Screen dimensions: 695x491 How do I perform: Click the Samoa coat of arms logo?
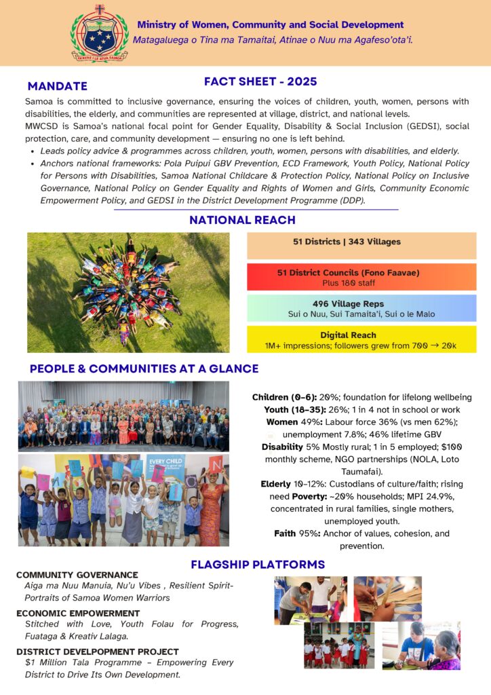point(99,33)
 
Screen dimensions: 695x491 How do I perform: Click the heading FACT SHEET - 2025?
point(260,81)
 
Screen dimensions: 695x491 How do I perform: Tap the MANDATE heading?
point(58,86)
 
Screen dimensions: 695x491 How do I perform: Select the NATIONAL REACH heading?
point(242,220)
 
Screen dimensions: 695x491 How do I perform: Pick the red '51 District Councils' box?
point(361,277)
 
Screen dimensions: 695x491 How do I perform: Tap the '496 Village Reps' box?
point(361,308)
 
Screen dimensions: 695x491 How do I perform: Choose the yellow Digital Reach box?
point(361,339)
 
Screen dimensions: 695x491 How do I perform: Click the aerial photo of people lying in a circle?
point(128,293)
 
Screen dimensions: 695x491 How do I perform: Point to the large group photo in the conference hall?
point(123,416)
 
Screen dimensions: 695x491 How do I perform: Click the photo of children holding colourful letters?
point(123,500)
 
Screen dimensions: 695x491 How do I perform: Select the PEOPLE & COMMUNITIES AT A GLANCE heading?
point(144,369)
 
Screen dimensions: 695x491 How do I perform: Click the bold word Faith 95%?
point(296,533)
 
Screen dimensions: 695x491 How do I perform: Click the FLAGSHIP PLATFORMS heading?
point(258,564)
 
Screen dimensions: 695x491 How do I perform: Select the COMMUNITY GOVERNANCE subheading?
point(77,575)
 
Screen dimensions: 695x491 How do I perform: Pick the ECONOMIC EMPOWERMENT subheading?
point(79,614)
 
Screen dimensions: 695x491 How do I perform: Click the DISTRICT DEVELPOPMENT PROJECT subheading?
point(98,652)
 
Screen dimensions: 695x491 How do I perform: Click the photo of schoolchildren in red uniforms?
point(338,645)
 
